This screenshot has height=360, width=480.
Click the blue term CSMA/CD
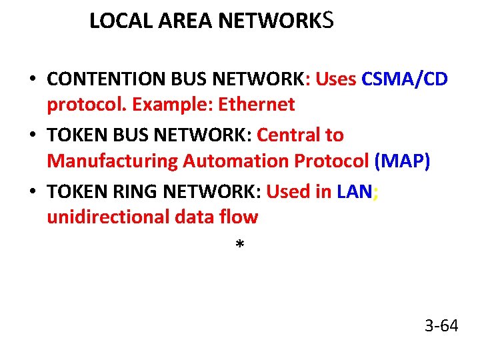coord(405,79)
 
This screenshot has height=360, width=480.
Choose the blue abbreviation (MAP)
coord(402,161)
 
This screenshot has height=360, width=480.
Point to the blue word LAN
coord(355,192)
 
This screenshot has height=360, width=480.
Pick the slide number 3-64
coord(441,326)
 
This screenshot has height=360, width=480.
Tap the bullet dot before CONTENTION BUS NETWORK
coord(32,80)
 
